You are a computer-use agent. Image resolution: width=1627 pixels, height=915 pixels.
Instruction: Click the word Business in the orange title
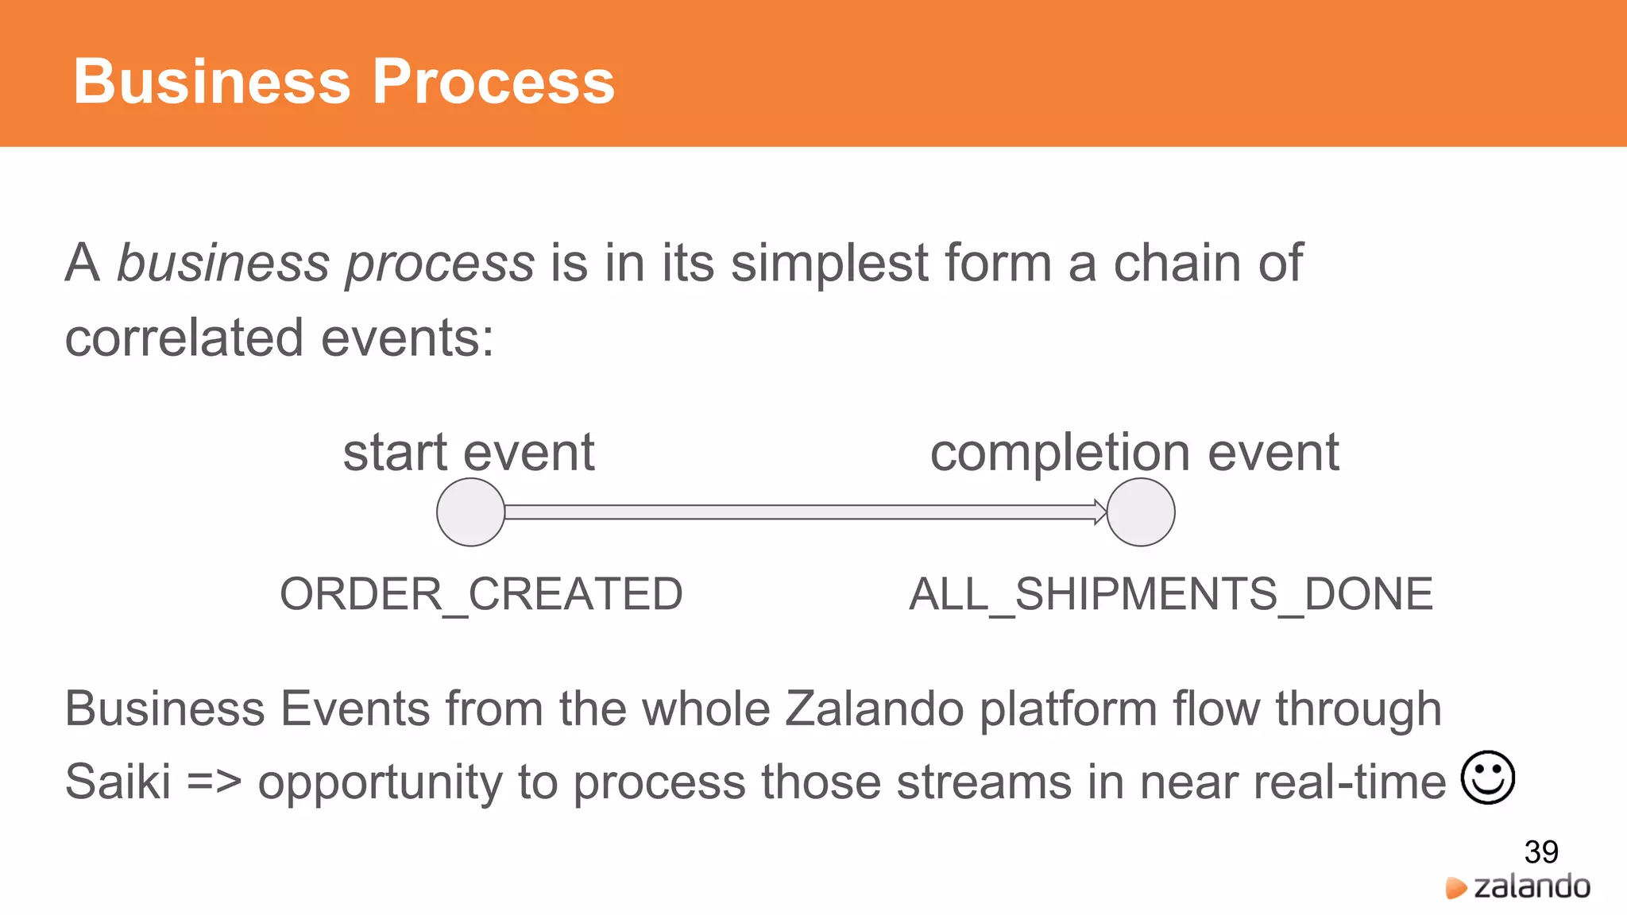211,81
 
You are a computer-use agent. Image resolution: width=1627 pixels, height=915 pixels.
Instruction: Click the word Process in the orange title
493,81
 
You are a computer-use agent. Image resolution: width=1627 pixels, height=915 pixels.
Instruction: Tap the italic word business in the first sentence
222,263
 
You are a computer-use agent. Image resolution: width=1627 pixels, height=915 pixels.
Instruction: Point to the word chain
1177,263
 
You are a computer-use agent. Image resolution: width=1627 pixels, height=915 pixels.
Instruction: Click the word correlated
184,338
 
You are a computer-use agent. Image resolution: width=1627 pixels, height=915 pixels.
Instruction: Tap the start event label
469,452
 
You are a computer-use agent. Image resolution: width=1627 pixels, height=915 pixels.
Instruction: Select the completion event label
1134,452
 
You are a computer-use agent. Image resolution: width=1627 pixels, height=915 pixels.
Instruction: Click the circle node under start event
471,512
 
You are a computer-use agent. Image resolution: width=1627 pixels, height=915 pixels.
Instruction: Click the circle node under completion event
1141,512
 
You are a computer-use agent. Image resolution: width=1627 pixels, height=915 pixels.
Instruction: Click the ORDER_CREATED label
481,594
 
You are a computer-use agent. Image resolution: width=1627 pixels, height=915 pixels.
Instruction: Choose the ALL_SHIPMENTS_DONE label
1170,594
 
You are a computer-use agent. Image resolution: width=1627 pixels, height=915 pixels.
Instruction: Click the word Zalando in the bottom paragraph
874,708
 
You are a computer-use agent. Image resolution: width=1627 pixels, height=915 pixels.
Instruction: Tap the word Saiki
118,782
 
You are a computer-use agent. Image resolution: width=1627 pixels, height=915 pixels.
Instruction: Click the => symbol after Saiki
214,782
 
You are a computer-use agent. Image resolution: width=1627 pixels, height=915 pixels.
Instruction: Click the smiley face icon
1487,778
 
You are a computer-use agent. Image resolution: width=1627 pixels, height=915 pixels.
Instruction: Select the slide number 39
1540,852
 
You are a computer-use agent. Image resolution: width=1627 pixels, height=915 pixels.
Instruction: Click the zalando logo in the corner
1518,887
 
